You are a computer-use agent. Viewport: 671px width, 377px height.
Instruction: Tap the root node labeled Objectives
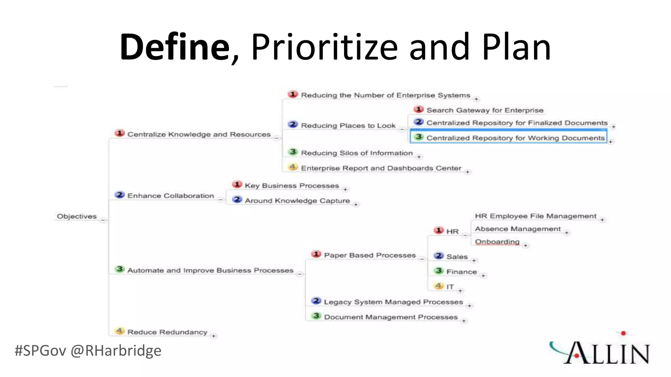click(x=77, y=216)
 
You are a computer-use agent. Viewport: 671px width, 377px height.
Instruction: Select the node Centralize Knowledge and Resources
click(x=199, y=134)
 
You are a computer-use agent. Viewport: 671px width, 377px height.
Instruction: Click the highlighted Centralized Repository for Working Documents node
click(x=515, y=138)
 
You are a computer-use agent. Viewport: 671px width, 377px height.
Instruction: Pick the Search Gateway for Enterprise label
click(x=485, y=110)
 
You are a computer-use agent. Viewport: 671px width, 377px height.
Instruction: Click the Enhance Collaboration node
click(x=170, y=196)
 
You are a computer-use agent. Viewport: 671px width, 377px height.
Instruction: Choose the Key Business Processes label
click(x=292, y=186)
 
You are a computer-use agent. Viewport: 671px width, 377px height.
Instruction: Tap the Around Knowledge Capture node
click(x=297, y=201)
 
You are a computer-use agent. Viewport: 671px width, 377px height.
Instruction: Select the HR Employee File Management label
click(x=535, y=216)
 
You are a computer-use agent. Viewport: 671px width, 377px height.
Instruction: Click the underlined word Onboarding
click(x=497, y=242)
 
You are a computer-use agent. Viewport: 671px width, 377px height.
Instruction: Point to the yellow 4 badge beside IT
click(x=439, y=286)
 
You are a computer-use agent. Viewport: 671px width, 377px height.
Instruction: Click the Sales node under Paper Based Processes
click(x=457, y=257)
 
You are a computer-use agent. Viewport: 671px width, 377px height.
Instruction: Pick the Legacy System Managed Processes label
click(x=393, y=302)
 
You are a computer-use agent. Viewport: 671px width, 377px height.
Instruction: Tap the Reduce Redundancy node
click(x=167, y=332)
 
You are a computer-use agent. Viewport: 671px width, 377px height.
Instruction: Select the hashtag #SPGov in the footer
click(x=40, y=350)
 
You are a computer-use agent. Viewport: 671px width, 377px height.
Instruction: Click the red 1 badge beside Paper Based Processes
click(x=316, y=254)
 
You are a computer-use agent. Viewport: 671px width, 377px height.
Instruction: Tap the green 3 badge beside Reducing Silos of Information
click(x=293, y=152)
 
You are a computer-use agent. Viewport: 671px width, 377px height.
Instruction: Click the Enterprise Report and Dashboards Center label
click(x=381, y=168)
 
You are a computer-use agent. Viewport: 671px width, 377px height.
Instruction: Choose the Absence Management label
click(x=518, y=229)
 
